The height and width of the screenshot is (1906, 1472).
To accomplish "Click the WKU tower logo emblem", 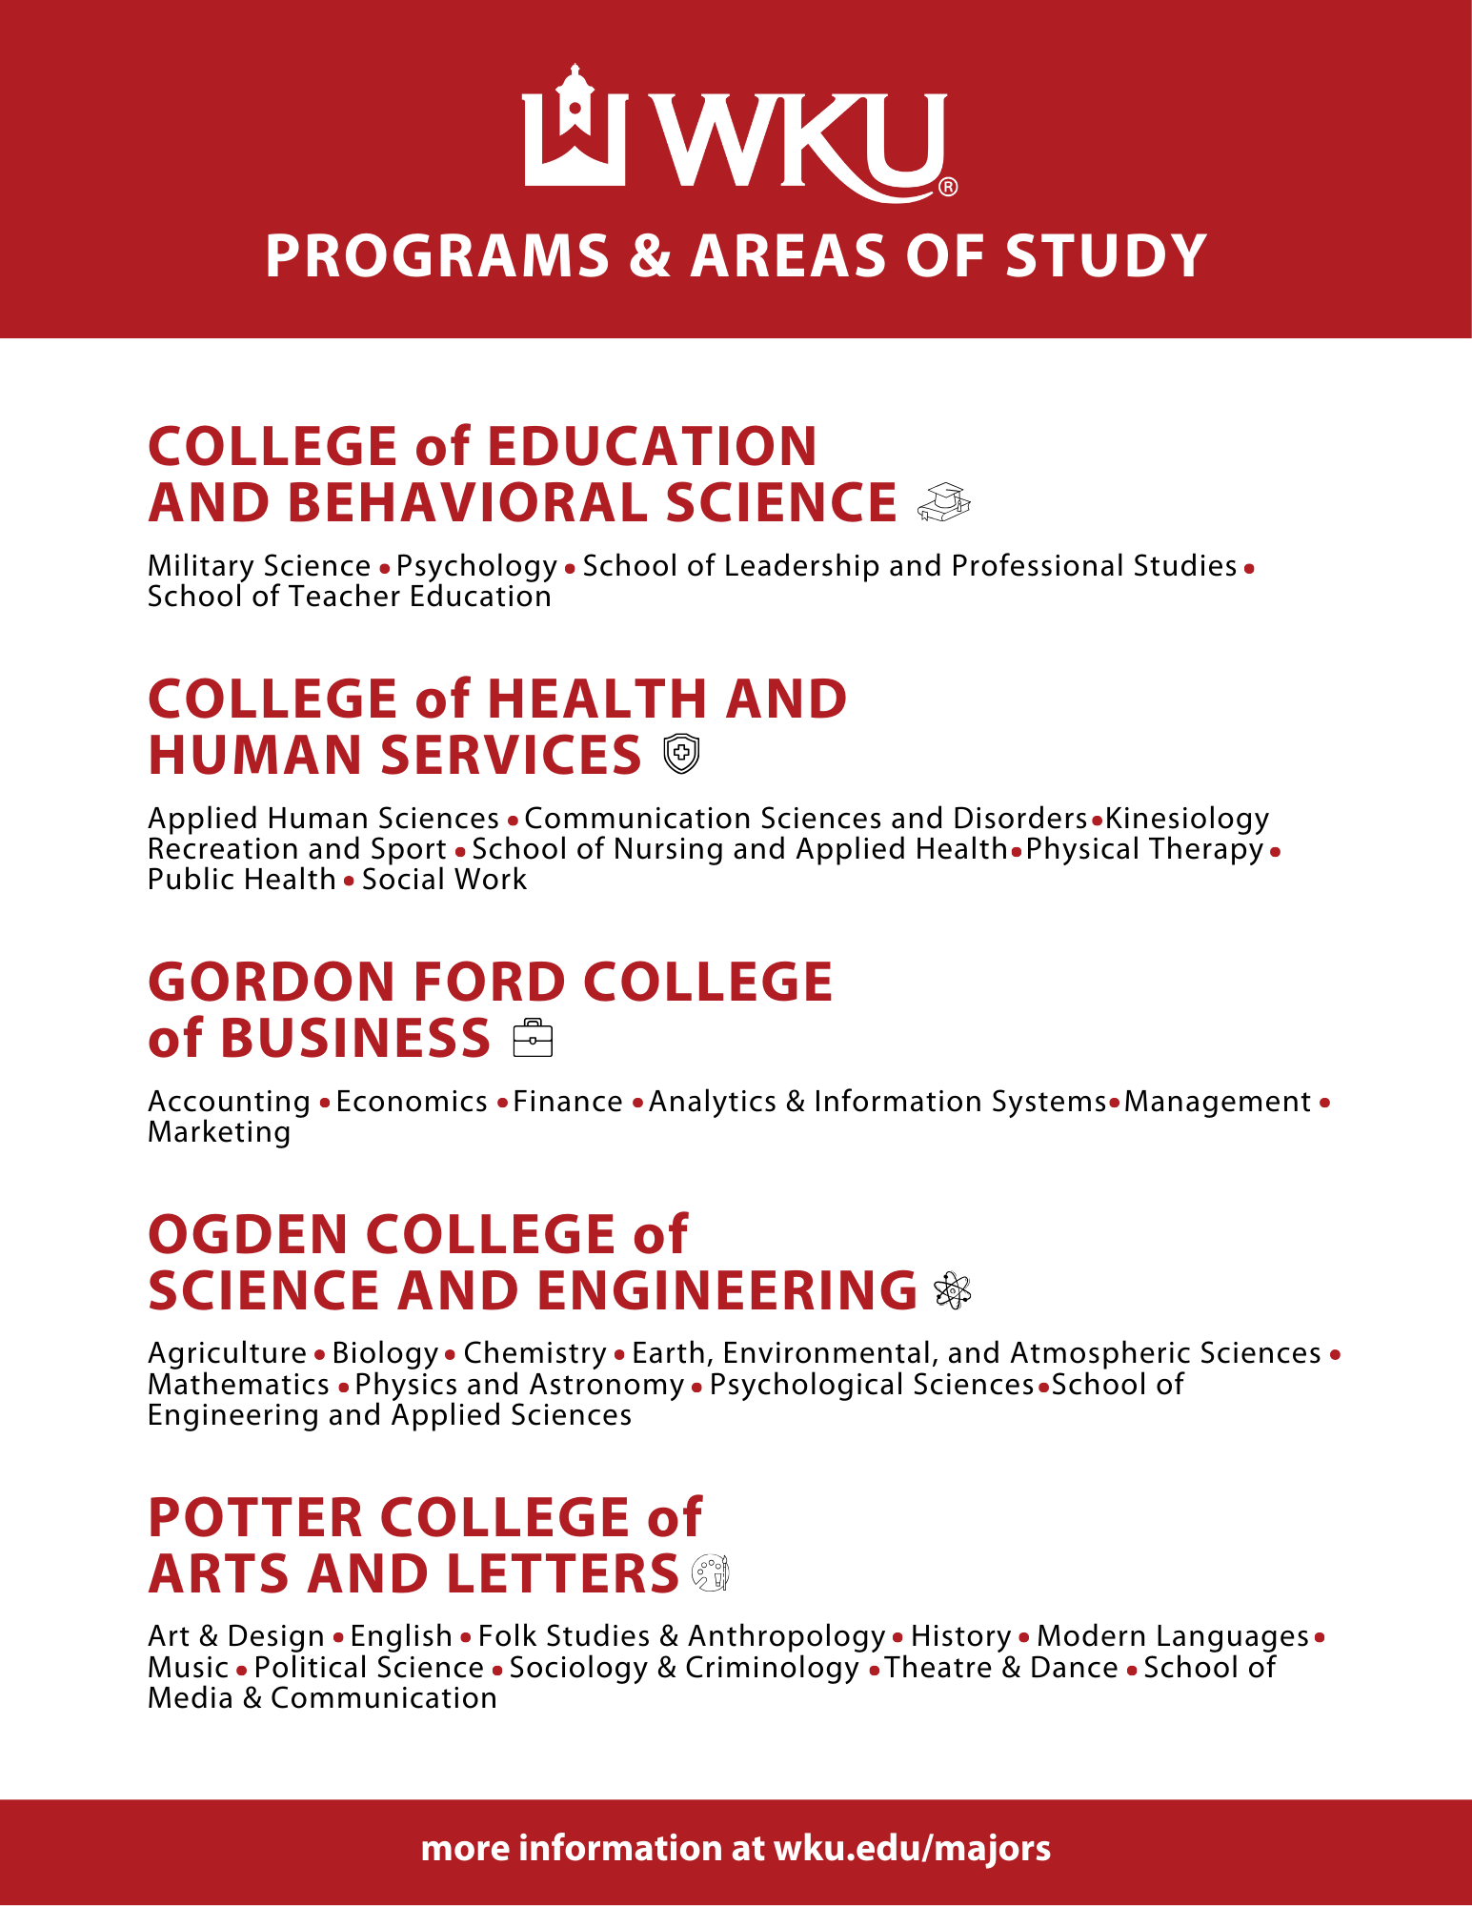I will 574,126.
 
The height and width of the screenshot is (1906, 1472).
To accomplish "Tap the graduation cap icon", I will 943,502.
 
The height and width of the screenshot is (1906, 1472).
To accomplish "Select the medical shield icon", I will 681,754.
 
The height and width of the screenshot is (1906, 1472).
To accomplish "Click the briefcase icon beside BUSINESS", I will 533,1038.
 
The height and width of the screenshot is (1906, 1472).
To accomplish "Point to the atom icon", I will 952,1290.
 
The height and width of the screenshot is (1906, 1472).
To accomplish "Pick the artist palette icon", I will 711,1572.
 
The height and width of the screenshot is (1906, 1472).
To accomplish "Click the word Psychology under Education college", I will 476,566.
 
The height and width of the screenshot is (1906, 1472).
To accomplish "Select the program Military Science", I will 259,566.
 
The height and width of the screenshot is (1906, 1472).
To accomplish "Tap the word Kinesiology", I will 1187,819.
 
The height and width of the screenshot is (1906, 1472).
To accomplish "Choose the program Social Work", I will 444,880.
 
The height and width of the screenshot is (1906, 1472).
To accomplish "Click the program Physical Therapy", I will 1144,849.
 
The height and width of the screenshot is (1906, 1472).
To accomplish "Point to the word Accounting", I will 229,1102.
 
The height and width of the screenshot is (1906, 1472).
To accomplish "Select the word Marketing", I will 219,1132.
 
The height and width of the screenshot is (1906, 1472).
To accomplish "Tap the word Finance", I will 568,1102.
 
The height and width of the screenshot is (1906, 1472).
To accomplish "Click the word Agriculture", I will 227,1353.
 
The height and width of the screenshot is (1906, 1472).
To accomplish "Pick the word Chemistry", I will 534,1353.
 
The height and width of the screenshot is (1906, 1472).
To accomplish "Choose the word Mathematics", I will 238,1384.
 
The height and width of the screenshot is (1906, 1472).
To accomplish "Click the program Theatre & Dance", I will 1001,1668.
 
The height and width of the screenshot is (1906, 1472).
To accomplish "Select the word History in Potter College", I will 960,1636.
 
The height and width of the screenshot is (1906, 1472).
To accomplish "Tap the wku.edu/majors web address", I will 912,1849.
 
